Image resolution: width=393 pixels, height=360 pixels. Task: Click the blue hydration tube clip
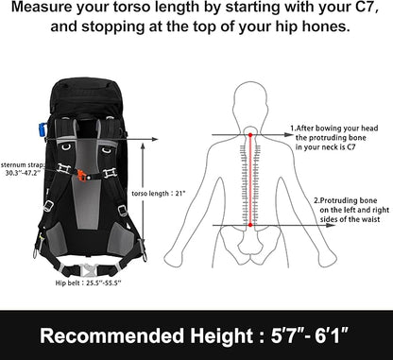pyautogui.click(x=42, y=129)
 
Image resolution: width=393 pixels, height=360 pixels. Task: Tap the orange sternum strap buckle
pyautogui.click(x=82, y=175)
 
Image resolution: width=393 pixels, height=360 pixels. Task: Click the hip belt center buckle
pyautogui.click(x=89, y=270)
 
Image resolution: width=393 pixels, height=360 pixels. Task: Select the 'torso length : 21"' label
pyautogui.click(x=158, y=193)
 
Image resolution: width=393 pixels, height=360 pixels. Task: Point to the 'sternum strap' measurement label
pyautogui.click(x=23, y=169)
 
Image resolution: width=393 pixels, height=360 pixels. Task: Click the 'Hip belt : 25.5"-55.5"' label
pyautogui.click(x=88, y=283)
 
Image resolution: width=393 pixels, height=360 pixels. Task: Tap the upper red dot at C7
pyautogui.click(x=250, y=135)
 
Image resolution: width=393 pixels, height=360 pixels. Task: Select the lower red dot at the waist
pyautogui.click(x=250, y=225)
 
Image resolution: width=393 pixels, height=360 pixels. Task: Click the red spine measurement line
pyautogui.click(x=250, y=180)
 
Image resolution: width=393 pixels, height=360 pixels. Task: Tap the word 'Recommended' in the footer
pyautogui.click(x=112, y=335)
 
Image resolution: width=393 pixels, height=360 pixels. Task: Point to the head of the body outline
pyautogui.click(x=250, y=101)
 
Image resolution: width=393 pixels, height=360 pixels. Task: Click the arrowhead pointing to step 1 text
pyautogui.click(x=289, y=135)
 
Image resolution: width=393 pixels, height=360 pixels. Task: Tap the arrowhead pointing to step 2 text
pyautogui.click(x=331, y=225)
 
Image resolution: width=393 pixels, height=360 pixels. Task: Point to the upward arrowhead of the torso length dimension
pyautogui.click(x=143, y=146)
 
